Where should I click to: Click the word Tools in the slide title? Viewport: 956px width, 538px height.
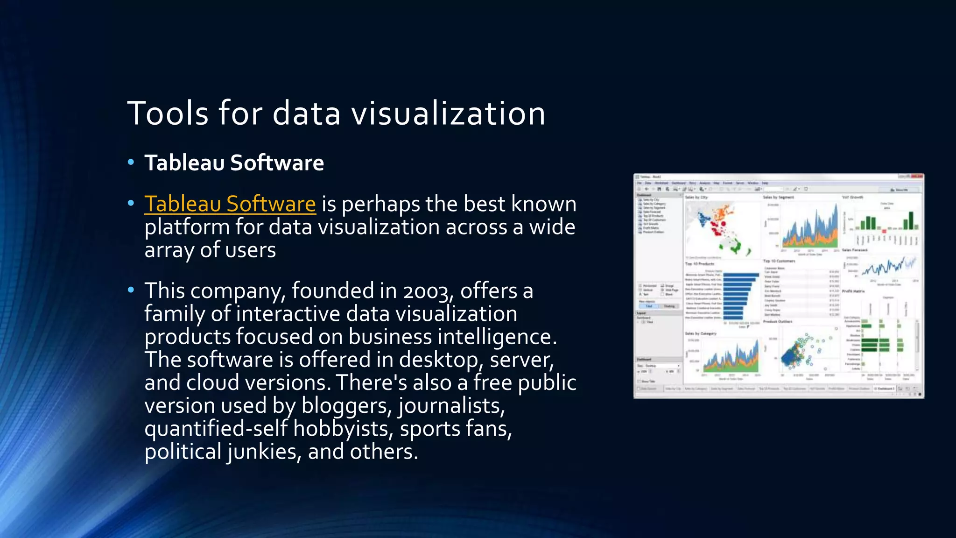point(168,113)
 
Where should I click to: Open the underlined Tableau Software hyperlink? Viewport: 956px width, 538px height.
point(230,204)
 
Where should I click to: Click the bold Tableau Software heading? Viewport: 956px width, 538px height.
point(234,163)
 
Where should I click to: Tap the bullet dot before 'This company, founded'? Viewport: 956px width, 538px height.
point(131,290)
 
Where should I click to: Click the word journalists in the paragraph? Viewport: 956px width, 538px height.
point(451,406)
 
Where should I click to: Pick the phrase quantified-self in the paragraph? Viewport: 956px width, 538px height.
point(216,429)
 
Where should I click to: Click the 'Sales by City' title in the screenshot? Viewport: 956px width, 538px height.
point(696,198)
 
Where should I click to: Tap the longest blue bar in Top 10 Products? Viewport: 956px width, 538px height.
point(741,275)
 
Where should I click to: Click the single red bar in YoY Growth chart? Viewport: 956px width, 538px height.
point(884,231)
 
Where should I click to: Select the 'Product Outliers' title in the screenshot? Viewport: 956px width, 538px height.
point(778,322)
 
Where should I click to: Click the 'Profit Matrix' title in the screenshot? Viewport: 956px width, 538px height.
point(853,291)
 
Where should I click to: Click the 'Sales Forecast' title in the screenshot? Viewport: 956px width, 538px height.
point(855,250)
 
